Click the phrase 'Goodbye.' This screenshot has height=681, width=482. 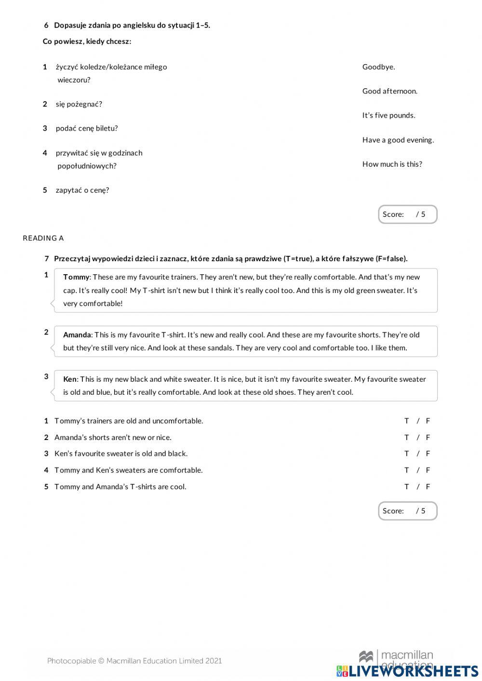pyautogui.click(x=378, y=67)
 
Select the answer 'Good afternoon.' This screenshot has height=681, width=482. pyautogui.click(x=389, y=91)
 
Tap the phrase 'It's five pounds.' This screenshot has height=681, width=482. pyautogui.click(x=388, y=115)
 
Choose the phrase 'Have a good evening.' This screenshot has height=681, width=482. pyautogui.click(x=398, y=140)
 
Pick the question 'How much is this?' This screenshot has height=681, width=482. pyautogui.click(x=392, y=164)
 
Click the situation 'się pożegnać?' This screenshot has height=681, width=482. pyautogui.click(x=79, y=104)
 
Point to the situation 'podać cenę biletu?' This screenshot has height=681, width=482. pyautogui.click(x=87, y=128)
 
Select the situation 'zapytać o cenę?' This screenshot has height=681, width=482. pyautogui.click(x=82, y=190)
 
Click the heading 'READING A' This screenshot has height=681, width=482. pyautogui.click(x=43, y=238)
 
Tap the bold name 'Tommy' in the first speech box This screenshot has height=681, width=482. pyautogui.click(x=76, y=277)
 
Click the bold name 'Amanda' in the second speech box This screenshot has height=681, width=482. pyautogui.click(x=77, y=335)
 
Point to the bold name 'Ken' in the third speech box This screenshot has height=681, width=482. pyautogui.click(x=70, y=379)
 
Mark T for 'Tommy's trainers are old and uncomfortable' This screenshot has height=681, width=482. pyautogui.click(x=407, y=421)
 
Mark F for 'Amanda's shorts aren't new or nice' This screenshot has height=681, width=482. pyautogui.click(x=428, y=437)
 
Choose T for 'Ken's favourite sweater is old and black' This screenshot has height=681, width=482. pyautogui.click(x=407, y=454)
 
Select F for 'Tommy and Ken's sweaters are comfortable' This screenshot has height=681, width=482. pyautogui.click(x=428, y=470)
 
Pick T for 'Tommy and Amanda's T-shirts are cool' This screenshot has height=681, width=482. pyautogui.click(x=407, y=486)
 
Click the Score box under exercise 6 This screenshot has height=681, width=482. pyautogui.click(x=407, y=214)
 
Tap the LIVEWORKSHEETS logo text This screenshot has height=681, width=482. pyautogui.click(x=413, y=671)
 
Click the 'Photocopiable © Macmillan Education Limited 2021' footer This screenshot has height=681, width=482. pyautogui.click(x=134, y=661)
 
